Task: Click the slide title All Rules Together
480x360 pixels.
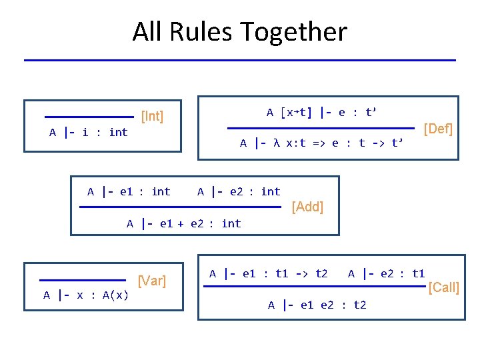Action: click(x=239, y=31)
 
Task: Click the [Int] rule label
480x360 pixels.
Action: click(x=152, y=117)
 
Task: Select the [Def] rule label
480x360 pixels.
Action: click(x=438, y=129)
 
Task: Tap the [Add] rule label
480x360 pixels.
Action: click(x=308, y=207)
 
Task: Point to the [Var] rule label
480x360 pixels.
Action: click(x=151, y=281)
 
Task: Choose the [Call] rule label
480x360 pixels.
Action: click(x=443, y=287)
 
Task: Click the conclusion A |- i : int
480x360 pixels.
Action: click(x=89, y=132)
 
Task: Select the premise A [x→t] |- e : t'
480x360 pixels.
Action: click(x=321, y=112)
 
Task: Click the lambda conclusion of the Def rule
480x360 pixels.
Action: click(x=322, y=143)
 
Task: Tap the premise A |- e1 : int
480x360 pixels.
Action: click(x=129, y=192)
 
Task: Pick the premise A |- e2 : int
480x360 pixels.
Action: click(x=239, y=192)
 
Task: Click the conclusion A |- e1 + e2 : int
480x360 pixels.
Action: click(x=184, y=223)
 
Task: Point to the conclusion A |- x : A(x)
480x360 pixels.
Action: click(x=86, y=295)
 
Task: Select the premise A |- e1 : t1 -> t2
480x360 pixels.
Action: click(x=268, y=273)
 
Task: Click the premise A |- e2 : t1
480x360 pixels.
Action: click(x=386, y=273)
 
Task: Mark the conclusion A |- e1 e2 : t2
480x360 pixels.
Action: click(x=317, y=305)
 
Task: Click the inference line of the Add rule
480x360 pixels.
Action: click(x=181, y=207)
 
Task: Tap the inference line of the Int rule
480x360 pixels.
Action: click(x=89, y=117)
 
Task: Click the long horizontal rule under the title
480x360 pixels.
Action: click(x=239, y=61)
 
